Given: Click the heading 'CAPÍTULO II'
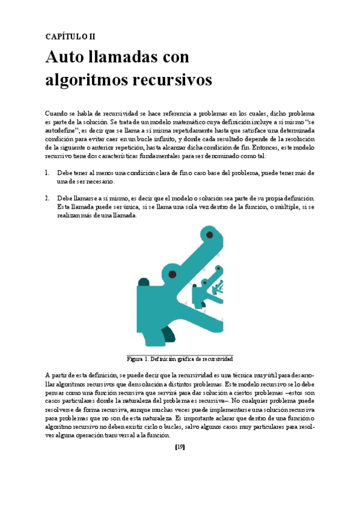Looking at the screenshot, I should click(70, 36).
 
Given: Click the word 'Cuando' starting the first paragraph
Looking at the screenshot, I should click(57, 113).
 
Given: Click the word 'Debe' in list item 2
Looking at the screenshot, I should click(64, 198).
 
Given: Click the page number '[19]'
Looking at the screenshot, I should click(180, 446).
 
